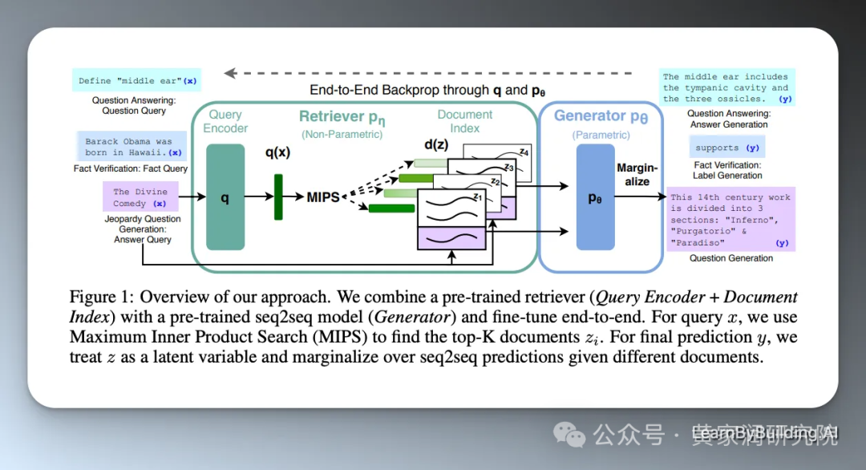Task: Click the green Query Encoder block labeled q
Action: click(225, 197)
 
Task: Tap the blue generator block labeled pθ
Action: click(595, 197)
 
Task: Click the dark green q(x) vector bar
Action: click(278, 197)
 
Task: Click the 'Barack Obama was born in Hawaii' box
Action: click(132, 147)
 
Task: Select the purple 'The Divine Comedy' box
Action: click(140, 197)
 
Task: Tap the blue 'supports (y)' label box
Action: click(726, 148)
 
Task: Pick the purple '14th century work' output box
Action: click(730, 220)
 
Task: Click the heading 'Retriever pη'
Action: click(342, 118)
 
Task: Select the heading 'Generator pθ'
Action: click(601, 116)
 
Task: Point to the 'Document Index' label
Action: click(464, 121)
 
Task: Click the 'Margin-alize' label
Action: click(637, 175)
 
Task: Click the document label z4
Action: click(524, 152)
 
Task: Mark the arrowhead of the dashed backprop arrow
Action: click(230, 73)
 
